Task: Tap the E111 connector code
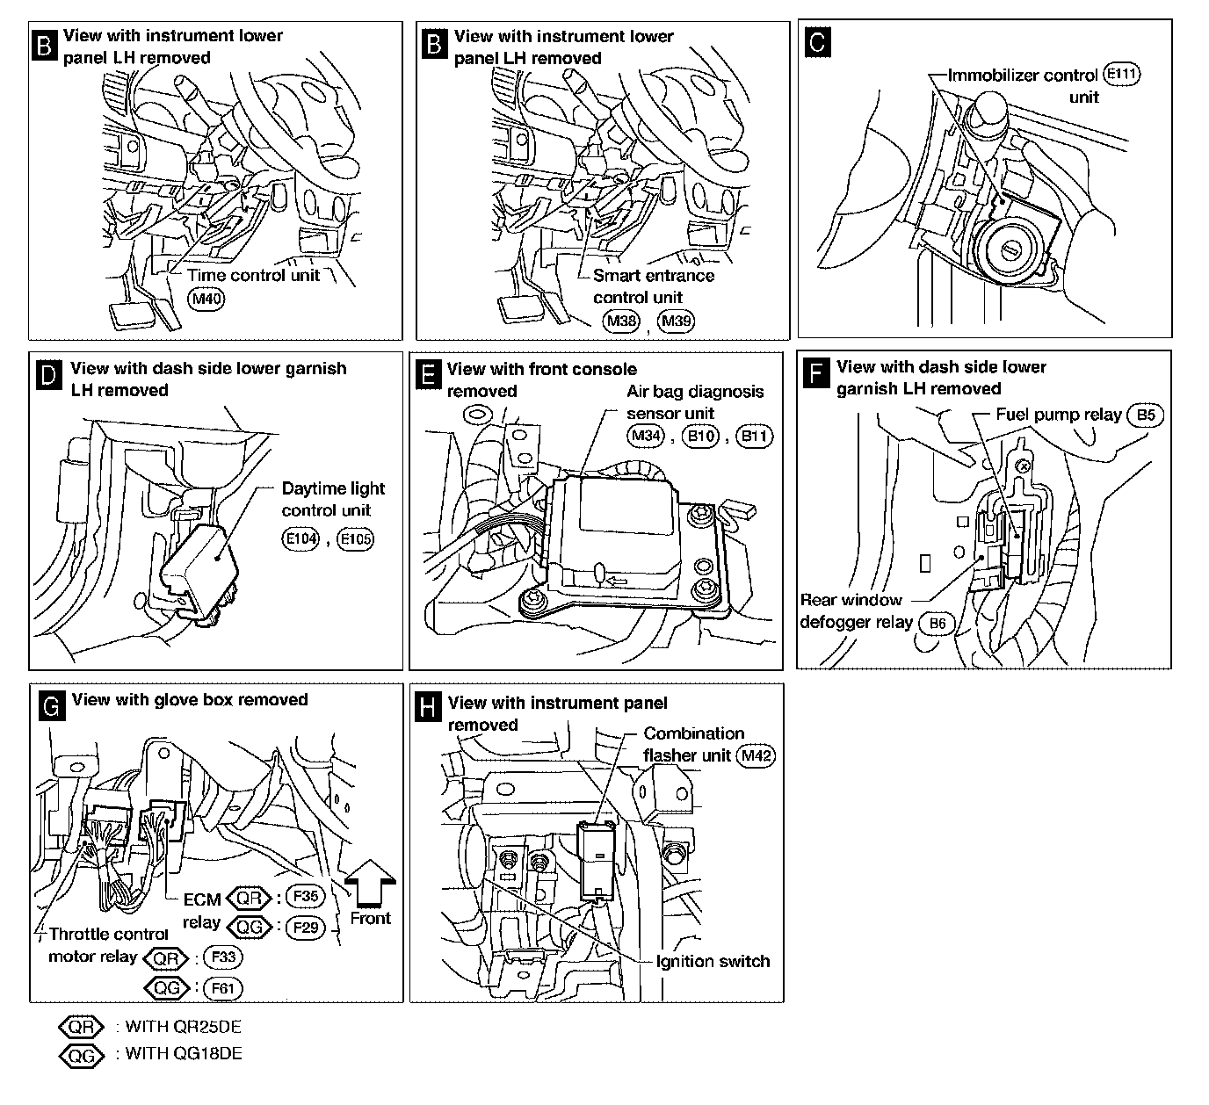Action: pos(1122,75)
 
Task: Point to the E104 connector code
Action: pos(300,538)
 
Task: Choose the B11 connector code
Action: pos(755,437)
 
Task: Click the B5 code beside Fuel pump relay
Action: pos(1146,415)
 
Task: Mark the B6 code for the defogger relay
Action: pos(938,623)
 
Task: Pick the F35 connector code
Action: pos(307,897)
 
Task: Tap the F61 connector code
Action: pos(221,988)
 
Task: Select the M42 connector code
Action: pos(757,755)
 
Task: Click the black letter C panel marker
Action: pos(817,42)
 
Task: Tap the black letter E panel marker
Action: pos(427,375)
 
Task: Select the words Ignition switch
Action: pos(713,961)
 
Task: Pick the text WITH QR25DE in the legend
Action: pos(183,1027)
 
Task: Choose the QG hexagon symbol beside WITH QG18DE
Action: pos(81,1055)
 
